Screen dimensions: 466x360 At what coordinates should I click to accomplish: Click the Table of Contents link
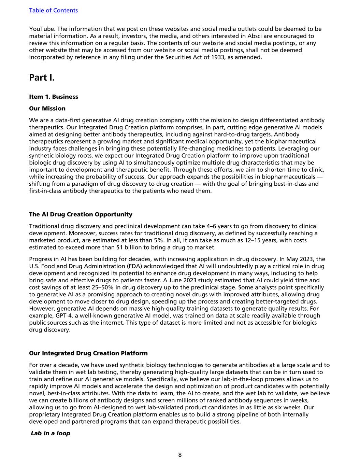pos(53,10)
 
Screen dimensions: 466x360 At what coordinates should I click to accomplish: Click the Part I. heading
pos(42,77)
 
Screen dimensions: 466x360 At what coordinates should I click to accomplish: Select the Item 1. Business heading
pos(54,97)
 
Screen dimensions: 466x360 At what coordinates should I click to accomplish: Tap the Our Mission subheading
pos(47,109)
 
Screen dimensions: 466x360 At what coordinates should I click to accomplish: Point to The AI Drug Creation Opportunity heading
pos(81,214)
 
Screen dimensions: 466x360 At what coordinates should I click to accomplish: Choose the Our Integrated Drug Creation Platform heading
pos(88,353)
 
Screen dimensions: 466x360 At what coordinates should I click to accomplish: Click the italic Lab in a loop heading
pos(51,433)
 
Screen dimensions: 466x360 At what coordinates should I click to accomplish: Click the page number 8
pos(180,455)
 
